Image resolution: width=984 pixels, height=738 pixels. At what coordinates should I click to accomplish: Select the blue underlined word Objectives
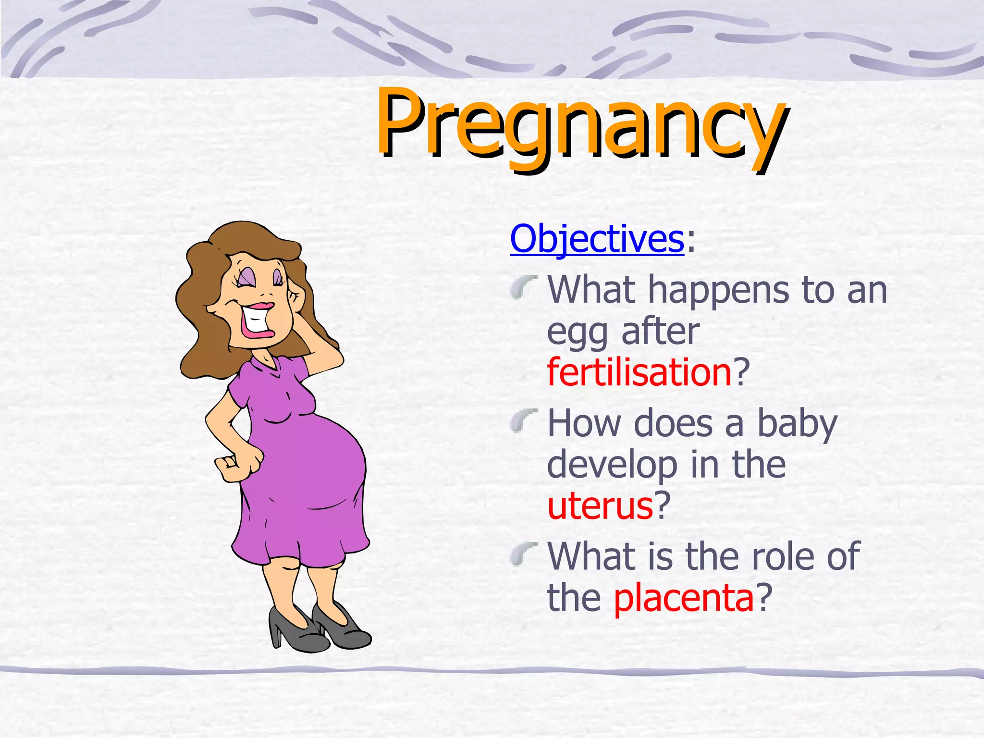pos(597,239)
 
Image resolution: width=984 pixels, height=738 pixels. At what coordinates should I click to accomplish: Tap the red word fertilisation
pos(639,372)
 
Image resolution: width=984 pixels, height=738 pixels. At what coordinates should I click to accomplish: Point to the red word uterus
pos(600,506)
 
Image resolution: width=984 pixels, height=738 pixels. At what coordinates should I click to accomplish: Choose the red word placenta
pos(684,598)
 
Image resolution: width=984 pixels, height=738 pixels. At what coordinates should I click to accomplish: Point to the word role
pos(782,556)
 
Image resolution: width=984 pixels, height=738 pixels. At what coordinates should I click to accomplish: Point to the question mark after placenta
pos(764,598)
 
